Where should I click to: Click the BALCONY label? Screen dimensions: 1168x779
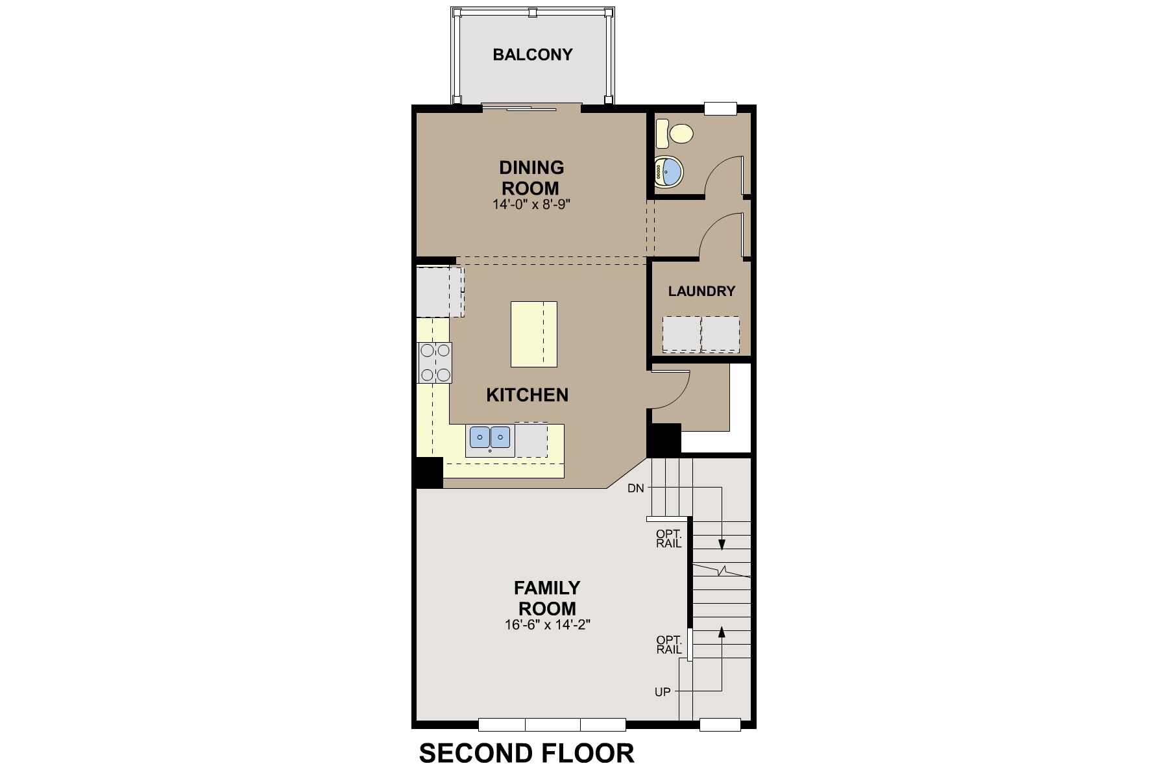coord(533,55)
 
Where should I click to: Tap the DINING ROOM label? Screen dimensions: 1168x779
coord(531,178)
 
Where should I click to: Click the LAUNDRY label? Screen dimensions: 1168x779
coord(701,291)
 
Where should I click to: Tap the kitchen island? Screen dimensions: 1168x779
coord(533,334)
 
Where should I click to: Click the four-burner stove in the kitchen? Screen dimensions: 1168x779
coord(435,362)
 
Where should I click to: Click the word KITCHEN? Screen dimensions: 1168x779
coord(527,395)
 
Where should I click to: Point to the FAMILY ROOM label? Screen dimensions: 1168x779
coord(547,598)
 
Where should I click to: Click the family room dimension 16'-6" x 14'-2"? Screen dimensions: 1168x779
coord(546,625)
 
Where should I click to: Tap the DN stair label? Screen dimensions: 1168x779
coord(636,488)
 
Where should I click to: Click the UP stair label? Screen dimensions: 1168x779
coord(663,692)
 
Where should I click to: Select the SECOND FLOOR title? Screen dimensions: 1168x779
coord(527,753)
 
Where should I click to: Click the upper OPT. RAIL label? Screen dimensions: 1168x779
coord(668,539)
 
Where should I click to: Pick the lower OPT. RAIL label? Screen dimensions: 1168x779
coord(668,644)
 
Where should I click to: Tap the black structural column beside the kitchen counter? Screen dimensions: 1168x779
coord(429,473)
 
